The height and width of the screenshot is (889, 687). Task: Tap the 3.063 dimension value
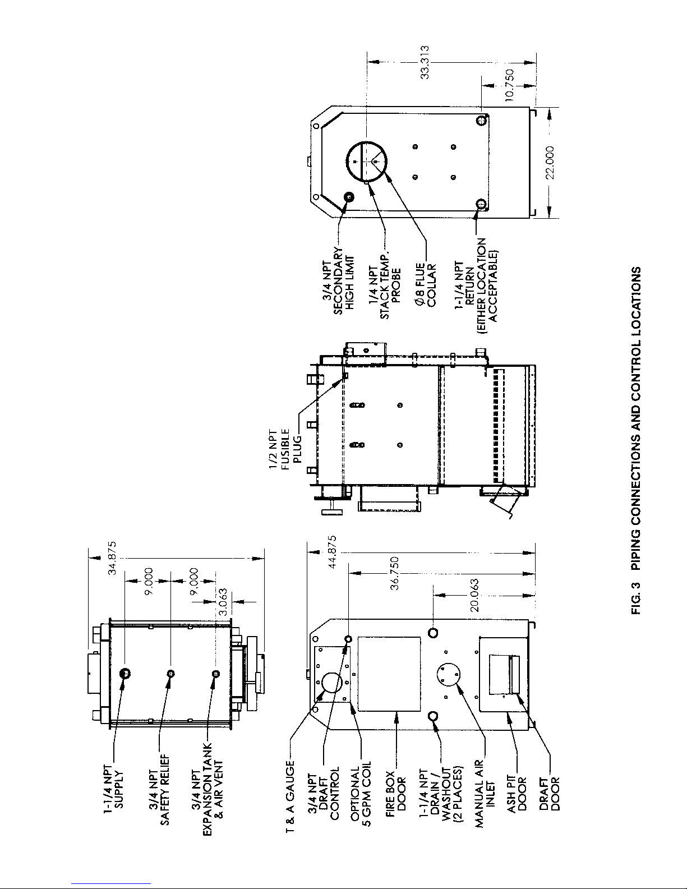pos(223,602)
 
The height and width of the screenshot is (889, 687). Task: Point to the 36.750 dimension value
pos(394,573)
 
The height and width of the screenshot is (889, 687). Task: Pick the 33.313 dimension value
pos(425,62)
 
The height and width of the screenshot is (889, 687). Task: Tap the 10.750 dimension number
pos(509,85)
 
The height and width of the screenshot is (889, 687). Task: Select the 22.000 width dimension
pos(550,163)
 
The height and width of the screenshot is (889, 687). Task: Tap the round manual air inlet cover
pos(448,675)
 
